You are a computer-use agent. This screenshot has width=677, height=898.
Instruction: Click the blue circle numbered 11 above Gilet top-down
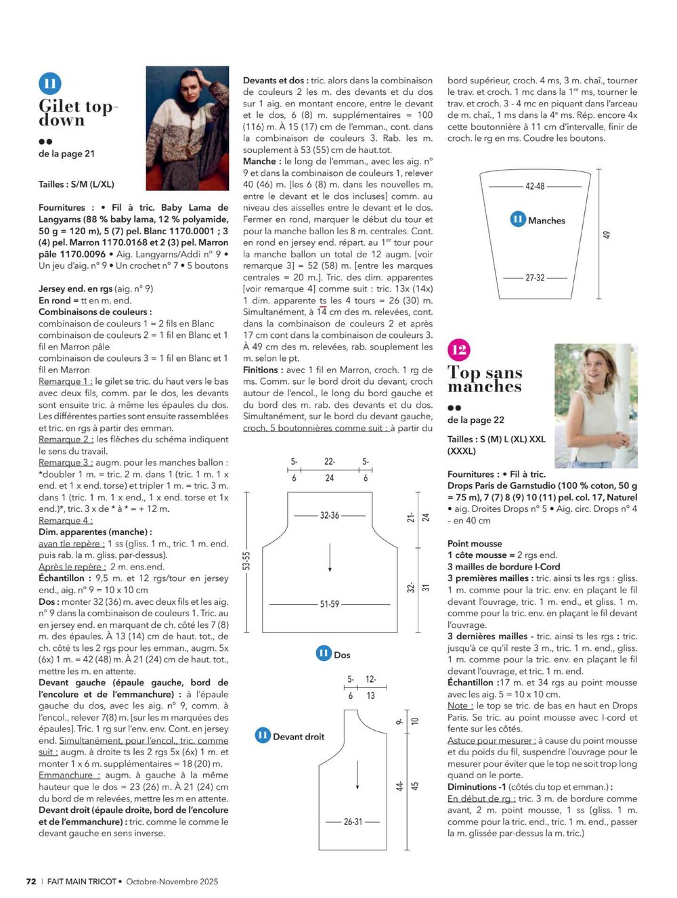pos(50,84)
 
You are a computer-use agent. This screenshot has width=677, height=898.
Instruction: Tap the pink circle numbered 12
pos(458,350)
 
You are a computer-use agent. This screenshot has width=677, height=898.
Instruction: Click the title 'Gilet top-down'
pos(78,113)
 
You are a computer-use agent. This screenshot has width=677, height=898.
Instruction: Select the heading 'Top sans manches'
pos(485,379)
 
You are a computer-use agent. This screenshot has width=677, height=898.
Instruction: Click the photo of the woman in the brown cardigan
pos(188,128)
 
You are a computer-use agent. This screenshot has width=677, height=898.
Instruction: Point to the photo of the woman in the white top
pos(596,406)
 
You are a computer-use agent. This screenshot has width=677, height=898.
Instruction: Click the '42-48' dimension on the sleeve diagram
pos(535,186)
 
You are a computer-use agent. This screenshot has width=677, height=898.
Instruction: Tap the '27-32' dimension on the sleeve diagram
pos(535,278)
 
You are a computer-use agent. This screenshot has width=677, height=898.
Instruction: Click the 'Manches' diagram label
pos(546,220)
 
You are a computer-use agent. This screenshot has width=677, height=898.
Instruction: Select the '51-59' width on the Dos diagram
pos(330,603)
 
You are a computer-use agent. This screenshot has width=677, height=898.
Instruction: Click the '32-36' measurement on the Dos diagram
pos(330,515)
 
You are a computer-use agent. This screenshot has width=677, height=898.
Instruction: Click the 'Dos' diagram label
pos(342,655)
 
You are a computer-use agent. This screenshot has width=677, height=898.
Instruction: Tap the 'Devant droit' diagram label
pos(299,736)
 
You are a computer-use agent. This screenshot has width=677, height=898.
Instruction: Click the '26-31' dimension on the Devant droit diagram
pos(353,821)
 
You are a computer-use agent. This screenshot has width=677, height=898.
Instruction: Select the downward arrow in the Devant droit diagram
pos(357,775)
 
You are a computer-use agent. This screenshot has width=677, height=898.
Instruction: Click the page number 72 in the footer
pos(31,881)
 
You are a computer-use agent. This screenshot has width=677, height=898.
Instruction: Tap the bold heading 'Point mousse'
pos(475,543)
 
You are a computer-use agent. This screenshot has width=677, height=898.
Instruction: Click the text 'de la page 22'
pos(475,420)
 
